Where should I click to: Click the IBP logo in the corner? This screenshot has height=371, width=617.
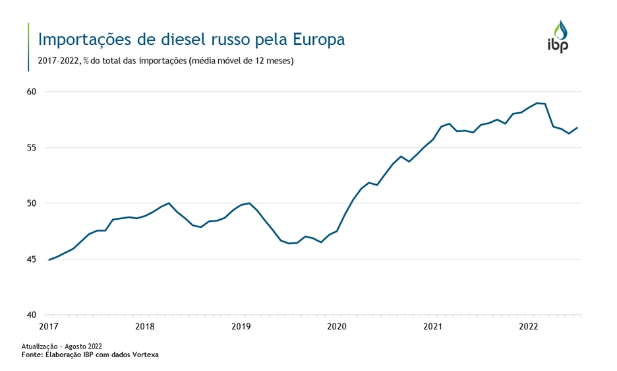point(558,36)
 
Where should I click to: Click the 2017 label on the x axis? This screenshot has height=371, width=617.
point(49,326)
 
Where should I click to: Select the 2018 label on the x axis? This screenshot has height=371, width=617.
point(144,326)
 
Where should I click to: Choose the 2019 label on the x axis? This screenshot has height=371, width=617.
point(241,326)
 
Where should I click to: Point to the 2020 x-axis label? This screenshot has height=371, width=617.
point(337,326)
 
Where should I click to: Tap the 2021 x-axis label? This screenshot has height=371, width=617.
point(433,326)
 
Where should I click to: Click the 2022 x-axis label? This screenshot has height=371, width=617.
point(529,326)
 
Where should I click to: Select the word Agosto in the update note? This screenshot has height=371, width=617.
point(74,346)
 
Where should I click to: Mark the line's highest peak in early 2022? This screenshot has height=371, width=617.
point(538,103)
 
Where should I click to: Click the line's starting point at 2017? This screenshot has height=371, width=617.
point(49,259)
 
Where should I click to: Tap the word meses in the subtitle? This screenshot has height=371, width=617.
point(278,61)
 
